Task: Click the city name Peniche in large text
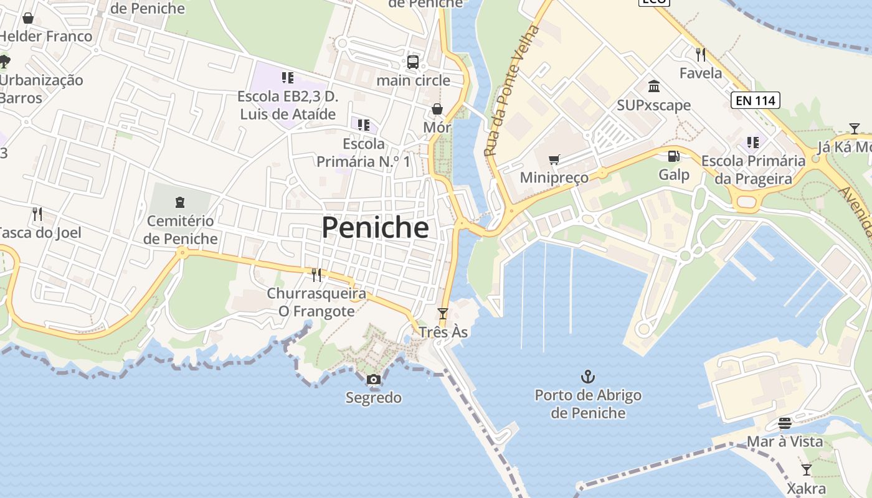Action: [x=375, y=228]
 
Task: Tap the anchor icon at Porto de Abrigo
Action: [x=587, y=377]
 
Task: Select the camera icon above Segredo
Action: [x=373, y=380]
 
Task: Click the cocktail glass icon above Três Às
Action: [x=443, y=314]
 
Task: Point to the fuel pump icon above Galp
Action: [x=673, y=156]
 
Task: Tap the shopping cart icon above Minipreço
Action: [x=554, y=159]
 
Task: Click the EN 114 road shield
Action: [x=756, y=100]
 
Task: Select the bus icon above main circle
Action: [x=413, y=62]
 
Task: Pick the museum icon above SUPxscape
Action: [x=654, y=86]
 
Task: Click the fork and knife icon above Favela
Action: [x=701, y=55]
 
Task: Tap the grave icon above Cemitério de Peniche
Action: [x=180, y=202]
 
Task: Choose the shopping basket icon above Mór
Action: [x=437, y=109]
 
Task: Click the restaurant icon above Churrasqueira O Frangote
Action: [x=316, y=274]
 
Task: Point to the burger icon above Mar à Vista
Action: [x=785, y=423]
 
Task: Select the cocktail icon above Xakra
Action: [x=807, y=469]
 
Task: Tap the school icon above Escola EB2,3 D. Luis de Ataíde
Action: [x=287, y=78]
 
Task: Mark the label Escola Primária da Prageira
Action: [x=753, y=170]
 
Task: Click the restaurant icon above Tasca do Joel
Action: [x=37, y=214]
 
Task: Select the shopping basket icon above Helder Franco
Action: [x=28, y=18]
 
